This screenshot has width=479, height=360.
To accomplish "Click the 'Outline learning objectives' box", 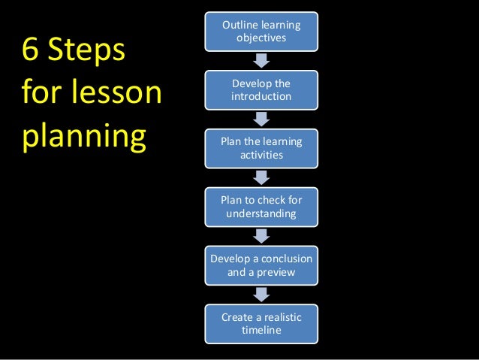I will pos(261,32).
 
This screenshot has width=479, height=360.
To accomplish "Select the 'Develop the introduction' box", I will pos(261,89).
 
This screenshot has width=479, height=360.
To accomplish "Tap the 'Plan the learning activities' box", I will pos(261,148).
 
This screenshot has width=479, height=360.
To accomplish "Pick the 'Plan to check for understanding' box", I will pos(261,207).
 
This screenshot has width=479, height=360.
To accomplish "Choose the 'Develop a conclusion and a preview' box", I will pos(261,265).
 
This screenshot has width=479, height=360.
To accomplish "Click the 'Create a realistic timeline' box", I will pos(261,324).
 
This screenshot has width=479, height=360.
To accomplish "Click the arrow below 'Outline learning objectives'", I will pos(261,60).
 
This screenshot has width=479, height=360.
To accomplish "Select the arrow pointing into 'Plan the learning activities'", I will pos(261,119).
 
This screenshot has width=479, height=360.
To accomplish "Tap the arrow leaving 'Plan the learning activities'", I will pos(261,177).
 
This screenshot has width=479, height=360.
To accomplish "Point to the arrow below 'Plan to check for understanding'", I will pos(261,236).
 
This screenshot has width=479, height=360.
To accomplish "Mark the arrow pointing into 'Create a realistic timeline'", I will pos(261,295).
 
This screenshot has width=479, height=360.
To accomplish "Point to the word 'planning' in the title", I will pos(83,138).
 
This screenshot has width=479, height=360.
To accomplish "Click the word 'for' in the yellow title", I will pos(41,95).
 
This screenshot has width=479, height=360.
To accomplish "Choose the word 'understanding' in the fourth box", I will pos(261,214).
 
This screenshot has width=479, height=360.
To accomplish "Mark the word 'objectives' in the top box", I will pos(261,38).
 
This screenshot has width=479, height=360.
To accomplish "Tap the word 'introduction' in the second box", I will pos(261,97).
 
